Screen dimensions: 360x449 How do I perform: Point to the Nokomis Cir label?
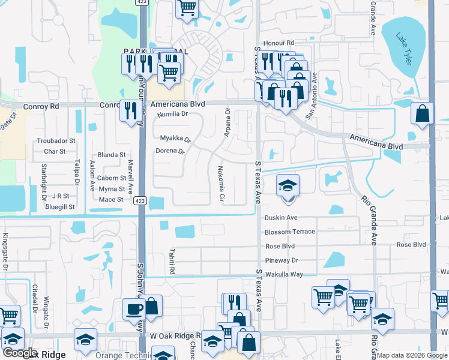[221, 183]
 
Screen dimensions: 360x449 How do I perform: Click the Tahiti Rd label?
[171, 262]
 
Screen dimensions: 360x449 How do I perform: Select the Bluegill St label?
[59, 206]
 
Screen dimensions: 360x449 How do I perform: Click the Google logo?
[20, 353]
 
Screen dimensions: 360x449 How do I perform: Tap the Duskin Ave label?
[281, 218]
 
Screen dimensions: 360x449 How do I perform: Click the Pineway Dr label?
[282, 260]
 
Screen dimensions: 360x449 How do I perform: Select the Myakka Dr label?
[175, 138]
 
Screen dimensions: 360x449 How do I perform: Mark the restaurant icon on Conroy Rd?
[130, 110]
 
